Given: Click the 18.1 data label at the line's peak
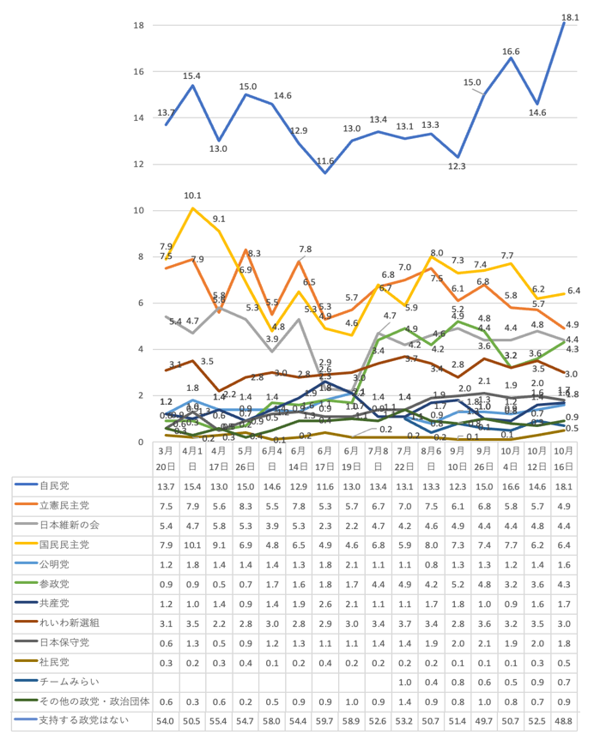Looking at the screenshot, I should point(569,16).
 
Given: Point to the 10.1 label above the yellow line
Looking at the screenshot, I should point(193,196).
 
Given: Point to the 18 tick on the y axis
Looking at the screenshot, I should point(138,26).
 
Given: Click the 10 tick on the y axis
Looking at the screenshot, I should point(138,211).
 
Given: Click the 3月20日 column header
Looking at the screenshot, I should point(167,458).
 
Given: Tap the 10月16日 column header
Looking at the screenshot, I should point(564,458).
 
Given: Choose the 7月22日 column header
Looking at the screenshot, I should point(404,458).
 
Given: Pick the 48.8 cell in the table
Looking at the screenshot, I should point(564,720).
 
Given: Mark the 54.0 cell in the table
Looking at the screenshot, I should point(167,720).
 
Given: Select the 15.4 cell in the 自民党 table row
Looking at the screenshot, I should point(193,485).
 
